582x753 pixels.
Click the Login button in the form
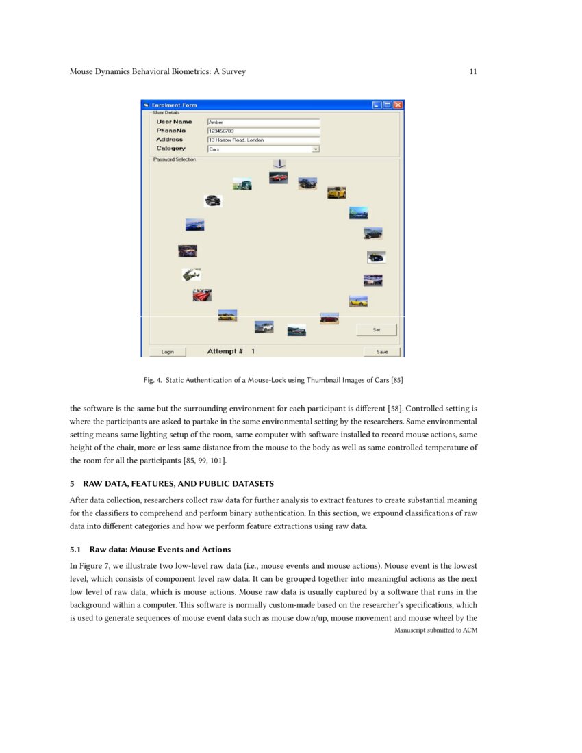[168, 352]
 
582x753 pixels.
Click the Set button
[376, 330]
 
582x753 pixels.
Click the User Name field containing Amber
[264, 122]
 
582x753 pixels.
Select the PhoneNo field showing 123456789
[264, 131]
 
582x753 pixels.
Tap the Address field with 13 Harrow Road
[264, 140]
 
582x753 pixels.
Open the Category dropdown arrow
[316, 149]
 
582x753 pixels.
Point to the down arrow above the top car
[279, 164]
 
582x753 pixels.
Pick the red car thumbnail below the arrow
[278, 177]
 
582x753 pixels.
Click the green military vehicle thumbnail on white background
[192, 274]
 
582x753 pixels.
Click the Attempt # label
[225, 351]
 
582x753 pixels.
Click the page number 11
[473, 71]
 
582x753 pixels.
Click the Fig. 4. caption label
[153, 379]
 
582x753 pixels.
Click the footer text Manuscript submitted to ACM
[435, 630]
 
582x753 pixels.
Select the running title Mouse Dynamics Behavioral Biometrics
[157, 71]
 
